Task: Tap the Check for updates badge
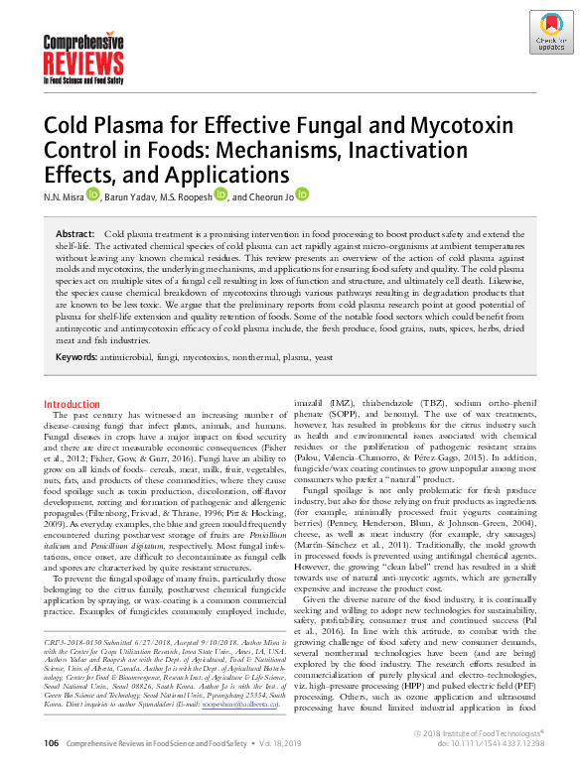(x=550, y=33)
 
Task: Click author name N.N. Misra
(x=63, y=196)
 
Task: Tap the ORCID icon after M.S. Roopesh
(x=220, y=195)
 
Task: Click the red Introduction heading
(x=72, y=404)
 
